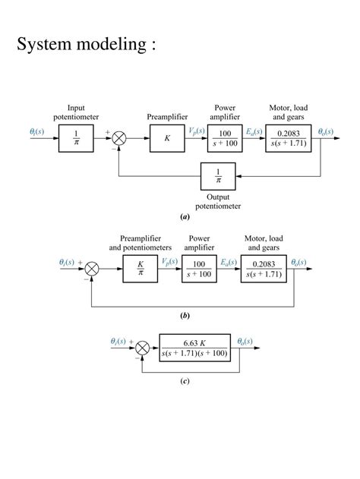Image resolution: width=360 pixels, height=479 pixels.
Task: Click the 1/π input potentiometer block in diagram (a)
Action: [x=76, y=138]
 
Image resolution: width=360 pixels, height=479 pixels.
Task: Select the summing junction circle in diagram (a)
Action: [x=118, y=138]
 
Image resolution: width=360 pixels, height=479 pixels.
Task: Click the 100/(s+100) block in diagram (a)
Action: [x=225, y=138]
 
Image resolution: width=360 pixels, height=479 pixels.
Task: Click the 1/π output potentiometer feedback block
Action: [x=218, y=176]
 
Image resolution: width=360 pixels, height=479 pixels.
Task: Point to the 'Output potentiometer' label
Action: [x=218, y=201]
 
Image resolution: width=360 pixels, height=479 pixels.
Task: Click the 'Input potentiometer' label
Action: [x=76, y=112]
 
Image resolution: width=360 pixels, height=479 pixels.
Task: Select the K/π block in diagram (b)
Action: [x=141, y=268]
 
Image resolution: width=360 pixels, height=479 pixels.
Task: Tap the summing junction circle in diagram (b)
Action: [x=93, y=268]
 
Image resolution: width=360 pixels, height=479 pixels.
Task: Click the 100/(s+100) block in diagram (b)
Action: [x=200, y=268]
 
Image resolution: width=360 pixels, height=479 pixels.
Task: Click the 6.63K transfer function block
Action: [x=194, y=348]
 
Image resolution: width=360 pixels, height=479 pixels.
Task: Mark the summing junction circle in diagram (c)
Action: [x=142, y=348]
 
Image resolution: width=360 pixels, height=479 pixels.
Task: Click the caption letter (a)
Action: [x=185, y=216]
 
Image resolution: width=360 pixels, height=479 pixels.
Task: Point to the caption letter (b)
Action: [x=185, y=314]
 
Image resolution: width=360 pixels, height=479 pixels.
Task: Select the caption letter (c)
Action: [x=185, y=381]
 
